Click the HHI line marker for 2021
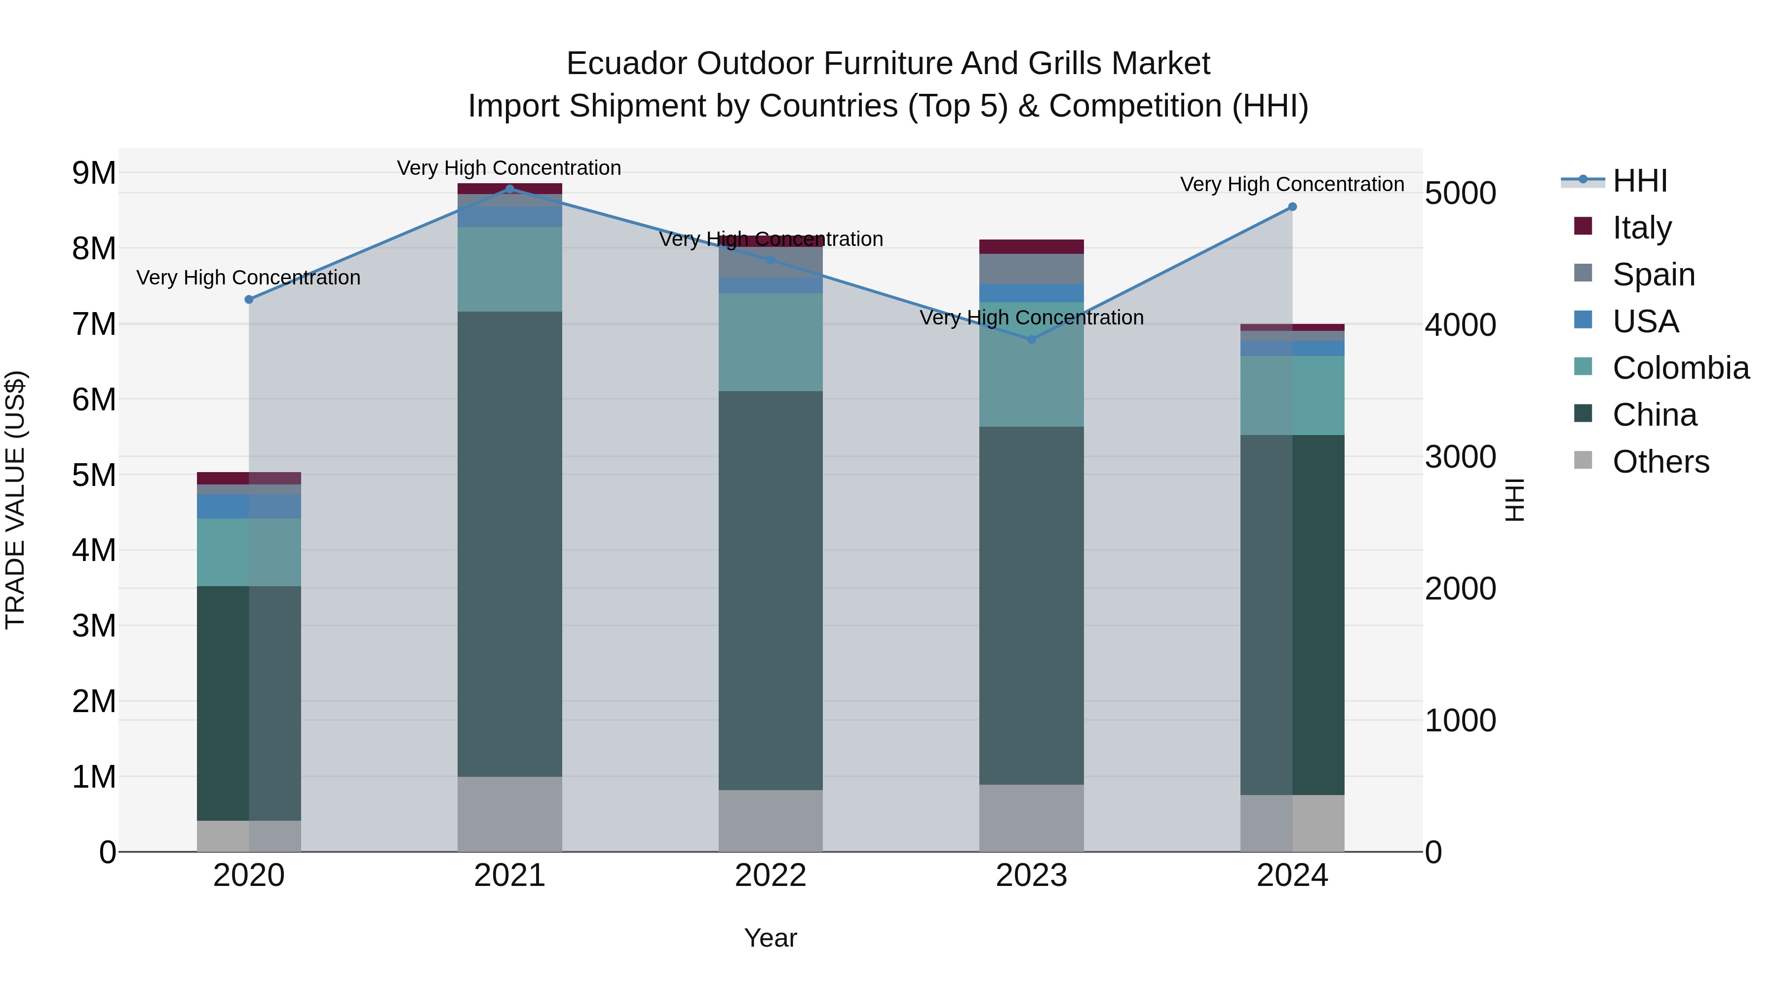click(510, 189)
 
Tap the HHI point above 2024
click(1292, 207)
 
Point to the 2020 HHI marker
click(249, 300)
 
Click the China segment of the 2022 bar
click(771, 590)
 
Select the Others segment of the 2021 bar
click(510, 814)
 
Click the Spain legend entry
click(1654, 275)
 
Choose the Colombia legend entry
click(1680, 368)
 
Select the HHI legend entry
click(1640, 181)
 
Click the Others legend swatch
click(1583, 460)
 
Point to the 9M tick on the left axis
click(94, 173)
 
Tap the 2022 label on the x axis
click(771, 876)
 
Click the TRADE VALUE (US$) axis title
click(15, 500)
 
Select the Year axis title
click(771, 938)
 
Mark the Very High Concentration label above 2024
click(1292, 184)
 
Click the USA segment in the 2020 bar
click(249, 506)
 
